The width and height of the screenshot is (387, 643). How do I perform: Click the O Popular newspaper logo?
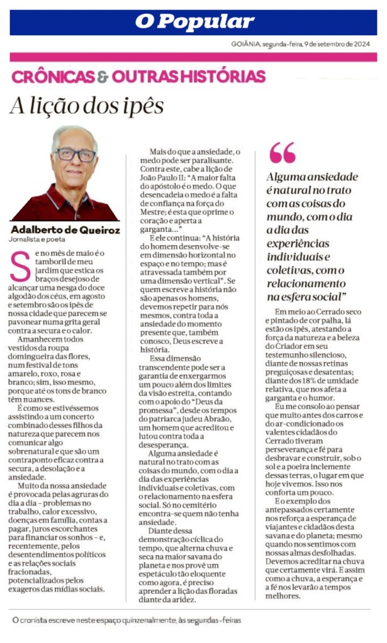point(194,22)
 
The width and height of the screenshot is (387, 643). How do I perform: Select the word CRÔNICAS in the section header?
point(53,77)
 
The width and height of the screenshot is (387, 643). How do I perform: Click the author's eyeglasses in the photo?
point(75,155)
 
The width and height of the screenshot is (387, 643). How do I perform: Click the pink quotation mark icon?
point(282,153)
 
